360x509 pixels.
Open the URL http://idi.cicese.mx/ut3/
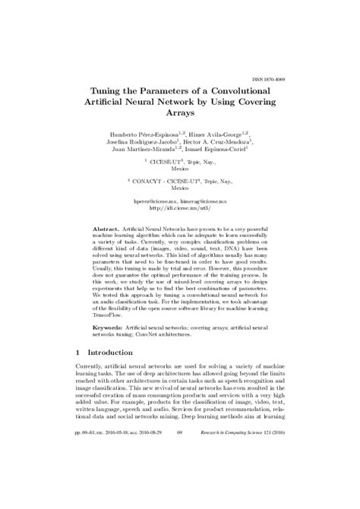click(179, 206)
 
